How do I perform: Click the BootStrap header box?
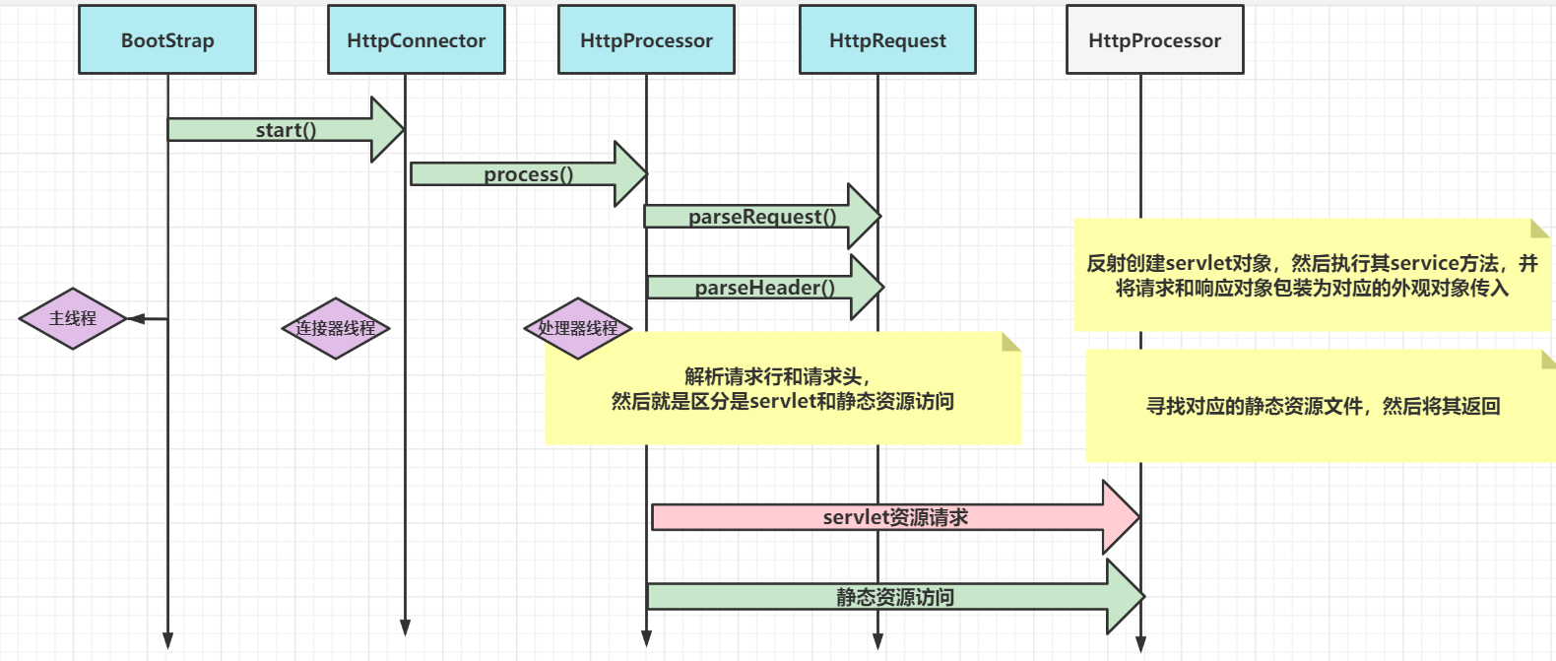tap(167, 39)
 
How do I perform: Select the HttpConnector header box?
tap(416, 39)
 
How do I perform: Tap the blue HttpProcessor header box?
tap(646, 39)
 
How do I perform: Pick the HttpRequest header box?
tap(887, 39)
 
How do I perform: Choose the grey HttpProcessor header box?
tap(1154, 39)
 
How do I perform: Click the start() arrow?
tap(286, 130)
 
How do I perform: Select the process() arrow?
tap(528, 174)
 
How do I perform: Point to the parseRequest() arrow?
tap(761, 217)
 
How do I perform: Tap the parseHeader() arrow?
tap(764, 288)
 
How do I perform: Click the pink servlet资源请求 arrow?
tap(894, 517)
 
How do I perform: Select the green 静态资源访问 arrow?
tap(894, 597)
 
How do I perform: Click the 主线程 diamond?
tap(73, 318)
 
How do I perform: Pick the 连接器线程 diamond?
tap(336, 328)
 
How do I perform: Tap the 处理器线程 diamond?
tap(577, 328)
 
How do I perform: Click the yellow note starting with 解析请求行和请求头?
tap(783, 389)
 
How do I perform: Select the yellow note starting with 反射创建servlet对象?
tap(1312, 276)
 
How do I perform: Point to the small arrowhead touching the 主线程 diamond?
tap(136, 318)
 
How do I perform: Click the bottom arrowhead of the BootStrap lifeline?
tap(167, 640)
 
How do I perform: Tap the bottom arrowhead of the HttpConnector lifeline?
tap(405, 628)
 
